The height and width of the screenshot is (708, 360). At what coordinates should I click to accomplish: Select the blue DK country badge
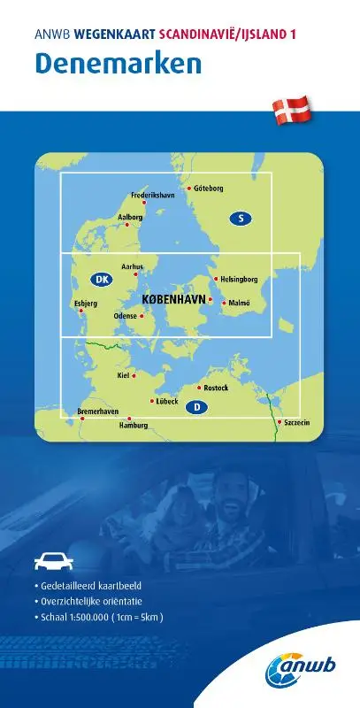tap(100, 280)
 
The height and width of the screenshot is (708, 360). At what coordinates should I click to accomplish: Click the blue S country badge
tap(239, 218)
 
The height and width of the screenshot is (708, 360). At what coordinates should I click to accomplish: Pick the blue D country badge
tap(198, 407)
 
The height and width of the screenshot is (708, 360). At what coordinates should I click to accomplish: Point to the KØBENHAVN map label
tap(173, 299)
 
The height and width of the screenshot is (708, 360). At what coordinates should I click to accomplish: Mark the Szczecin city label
tap(297, 423)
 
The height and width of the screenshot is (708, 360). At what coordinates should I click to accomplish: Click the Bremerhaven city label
tap(98, 412)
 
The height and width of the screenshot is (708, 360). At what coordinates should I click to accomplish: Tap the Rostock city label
tap(216, 388)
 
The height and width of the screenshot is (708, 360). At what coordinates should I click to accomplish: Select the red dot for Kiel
tap(134, 376)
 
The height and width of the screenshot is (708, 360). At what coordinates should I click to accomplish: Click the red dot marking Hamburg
tap(130, 419)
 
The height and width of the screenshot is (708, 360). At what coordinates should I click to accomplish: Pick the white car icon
tap(50, 559)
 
